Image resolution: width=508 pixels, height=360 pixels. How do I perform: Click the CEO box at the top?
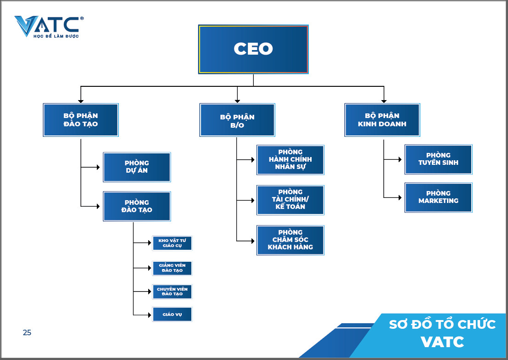point(253,49)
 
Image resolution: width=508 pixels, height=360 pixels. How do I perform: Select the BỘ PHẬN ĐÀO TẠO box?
point(81,120)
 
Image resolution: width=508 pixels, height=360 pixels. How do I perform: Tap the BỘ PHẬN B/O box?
point(237,120)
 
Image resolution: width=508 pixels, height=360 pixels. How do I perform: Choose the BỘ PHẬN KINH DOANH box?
point(382,120)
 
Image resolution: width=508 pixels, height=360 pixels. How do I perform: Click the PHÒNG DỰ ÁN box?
point(137,167)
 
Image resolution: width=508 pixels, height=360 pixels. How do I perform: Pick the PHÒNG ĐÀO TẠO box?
point(137,206)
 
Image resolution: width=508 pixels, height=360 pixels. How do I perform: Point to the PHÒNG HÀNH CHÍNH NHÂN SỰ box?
point(290,160)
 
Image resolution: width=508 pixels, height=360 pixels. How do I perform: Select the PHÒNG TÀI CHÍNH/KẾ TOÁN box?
point(290,200)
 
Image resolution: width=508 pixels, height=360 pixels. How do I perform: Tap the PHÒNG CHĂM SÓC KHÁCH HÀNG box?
point(290,240)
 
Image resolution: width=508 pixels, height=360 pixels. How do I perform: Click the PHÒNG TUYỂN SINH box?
point(438,159)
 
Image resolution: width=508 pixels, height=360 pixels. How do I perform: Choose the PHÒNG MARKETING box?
point(438,197)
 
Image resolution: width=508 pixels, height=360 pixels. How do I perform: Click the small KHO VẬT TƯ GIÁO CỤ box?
point(172,243)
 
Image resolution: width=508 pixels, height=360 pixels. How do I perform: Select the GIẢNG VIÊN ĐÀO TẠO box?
point(172,268)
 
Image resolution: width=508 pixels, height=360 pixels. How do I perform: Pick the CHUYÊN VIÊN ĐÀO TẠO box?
point(172,292)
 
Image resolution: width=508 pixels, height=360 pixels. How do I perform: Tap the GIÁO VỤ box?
point(172,315)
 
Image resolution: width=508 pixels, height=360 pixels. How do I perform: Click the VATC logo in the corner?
point(49,26)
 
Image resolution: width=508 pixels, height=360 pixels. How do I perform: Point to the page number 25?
point(27,333)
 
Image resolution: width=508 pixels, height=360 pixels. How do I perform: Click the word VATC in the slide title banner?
point(442,342)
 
